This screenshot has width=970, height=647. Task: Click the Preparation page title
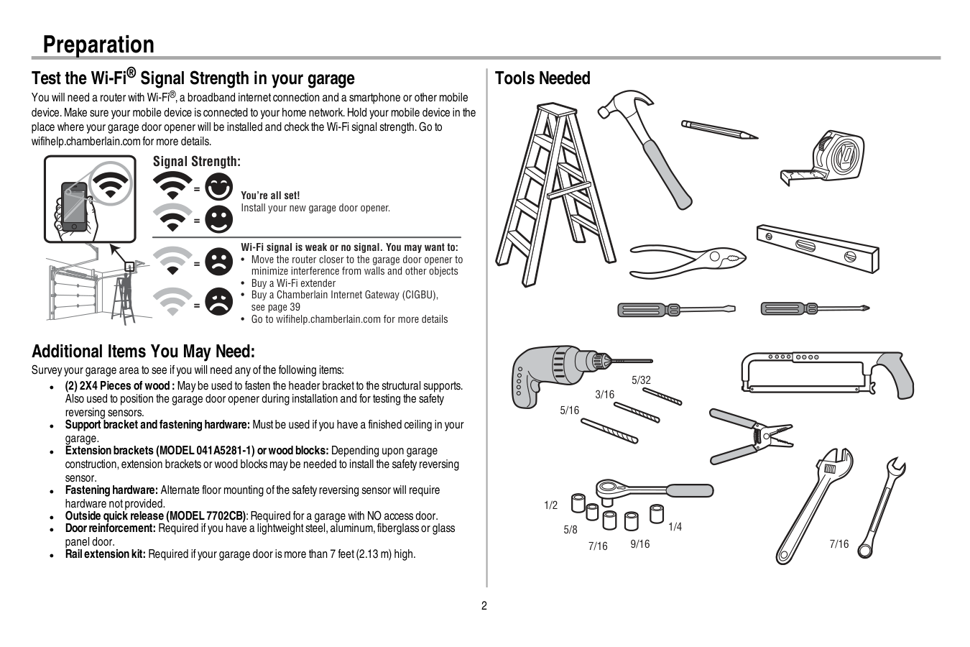98,45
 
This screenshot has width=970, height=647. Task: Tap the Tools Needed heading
542,78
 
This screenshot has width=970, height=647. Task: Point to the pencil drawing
719,130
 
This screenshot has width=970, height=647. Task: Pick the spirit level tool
817,247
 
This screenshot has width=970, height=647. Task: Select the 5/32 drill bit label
641,380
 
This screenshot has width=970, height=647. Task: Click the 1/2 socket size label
551,505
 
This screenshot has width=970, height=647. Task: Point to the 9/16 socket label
640,544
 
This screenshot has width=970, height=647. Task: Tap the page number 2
484,605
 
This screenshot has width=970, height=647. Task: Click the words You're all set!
270,196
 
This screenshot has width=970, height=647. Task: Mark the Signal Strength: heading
197,162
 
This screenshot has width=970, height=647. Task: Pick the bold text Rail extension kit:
106,554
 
